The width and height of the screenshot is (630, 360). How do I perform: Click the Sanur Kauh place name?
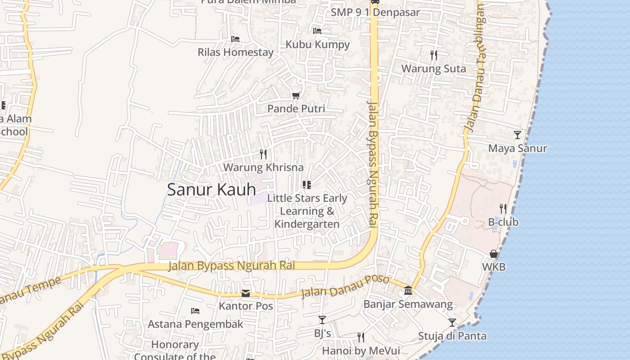[211, 189]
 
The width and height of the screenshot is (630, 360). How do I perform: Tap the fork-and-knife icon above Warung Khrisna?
[263, 154]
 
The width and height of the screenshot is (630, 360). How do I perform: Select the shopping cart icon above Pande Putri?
[296, 95]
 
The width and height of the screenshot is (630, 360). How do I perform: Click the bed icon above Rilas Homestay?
[235, 39]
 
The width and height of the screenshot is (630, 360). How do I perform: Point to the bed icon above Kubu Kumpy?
[317, 31]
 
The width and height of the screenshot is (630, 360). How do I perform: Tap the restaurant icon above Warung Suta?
[434, 55]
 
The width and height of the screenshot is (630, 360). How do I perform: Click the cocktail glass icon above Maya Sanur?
[517, 135]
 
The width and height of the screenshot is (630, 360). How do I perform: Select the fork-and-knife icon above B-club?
[503, 208]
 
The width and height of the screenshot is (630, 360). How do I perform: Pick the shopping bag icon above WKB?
[494, 254]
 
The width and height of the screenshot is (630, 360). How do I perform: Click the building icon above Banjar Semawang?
[408, 291]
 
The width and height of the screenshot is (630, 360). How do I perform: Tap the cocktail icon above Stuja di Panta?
[452, 323]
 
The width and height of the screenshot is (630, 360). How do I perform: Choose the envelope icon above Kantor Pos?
[246, 293]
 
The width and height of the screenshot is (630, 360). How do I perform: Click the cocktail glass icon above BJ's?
[322, 320]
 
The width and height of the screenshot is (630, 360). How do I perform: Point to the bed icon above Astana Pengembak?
[195, 310]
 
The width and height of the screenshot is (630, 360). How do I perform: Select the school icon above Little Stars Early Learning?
[307, 185]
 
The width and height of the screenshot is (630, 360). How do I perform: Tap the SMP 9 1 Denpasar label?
[375, 12]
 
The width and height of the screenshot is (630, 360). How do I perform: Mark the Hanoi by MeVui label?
[360, 351]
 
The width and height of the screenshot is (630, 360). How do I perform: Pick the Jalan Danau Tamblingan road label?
[476, 67]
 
